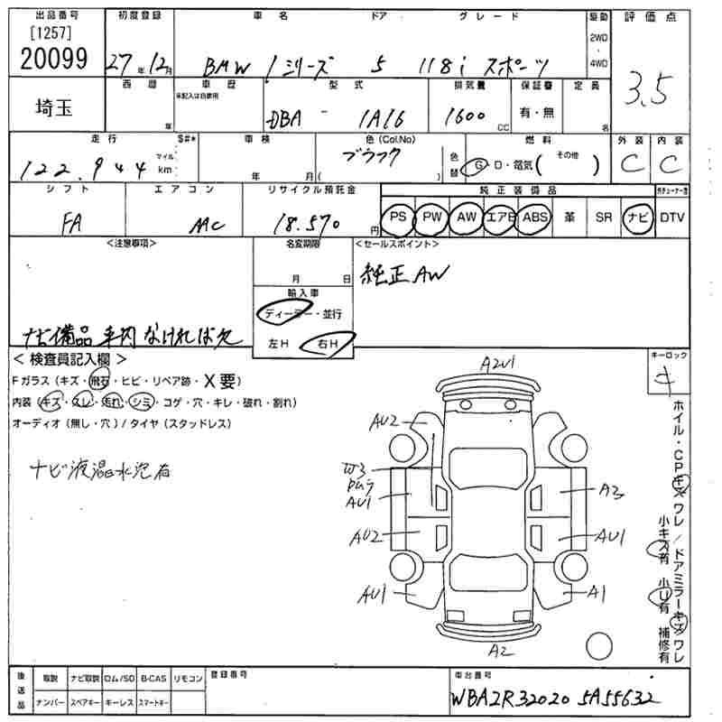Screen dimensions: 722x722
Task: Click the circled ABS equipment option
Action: coord(535,218)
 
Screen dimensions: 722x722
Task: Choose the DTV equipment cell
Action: coord(671,218)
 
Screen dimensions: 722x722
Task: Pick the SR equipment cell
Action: coord(603,218)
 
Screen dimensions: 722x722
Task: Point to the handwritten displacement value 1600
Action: coord(466,116)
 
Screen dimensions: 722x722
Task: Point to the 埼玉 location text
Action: coord(47,105)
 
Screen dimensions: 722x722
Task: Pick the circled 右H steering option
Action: coord(331,344)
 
